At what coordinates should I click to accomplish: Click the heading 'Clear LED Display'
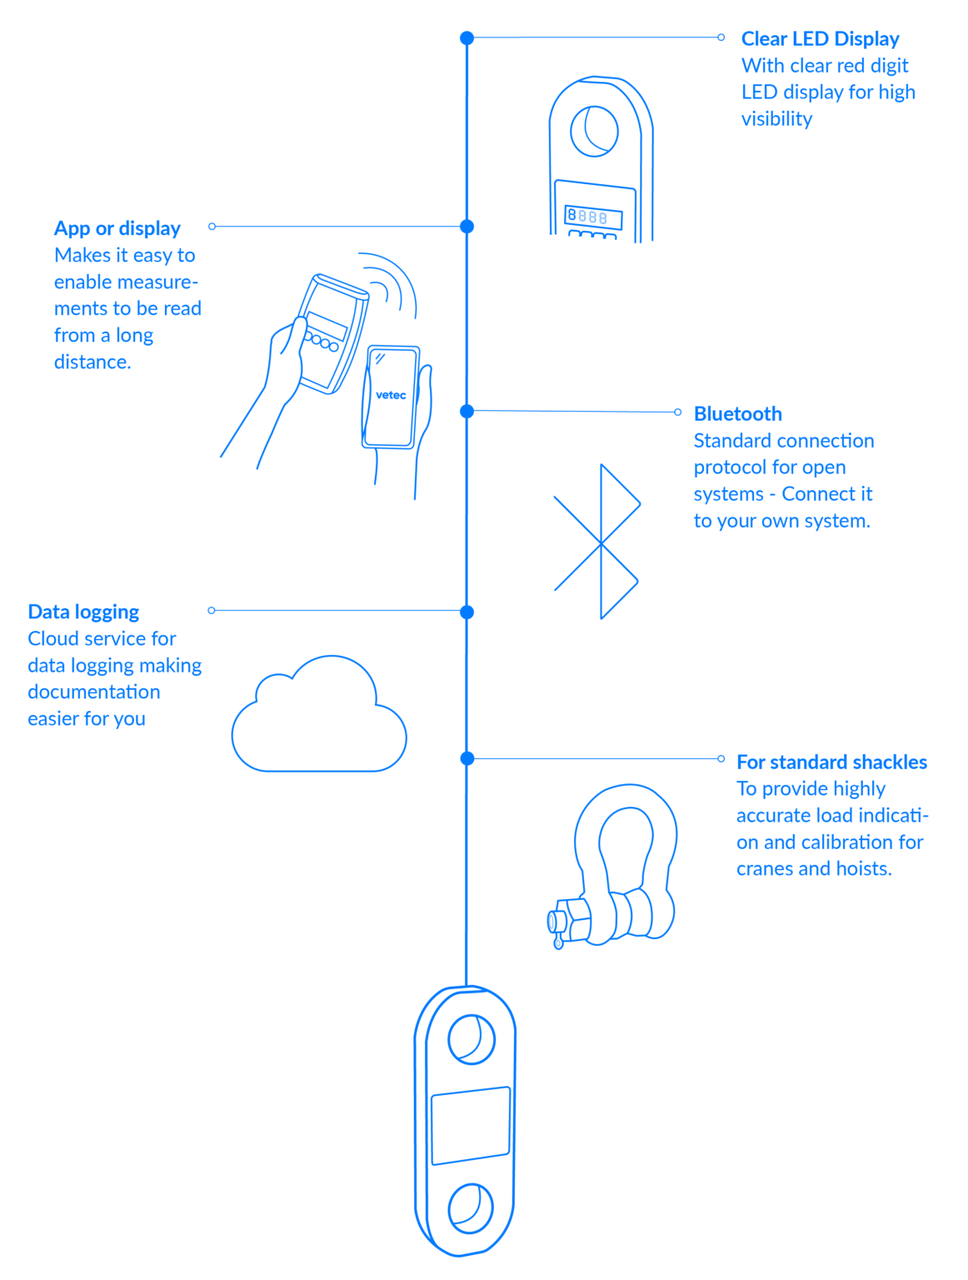click(820, 39)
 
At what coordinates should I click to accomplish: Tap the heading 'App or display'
click(117, 229)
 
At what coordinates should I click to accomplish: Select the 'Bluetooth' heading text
click(737, 414)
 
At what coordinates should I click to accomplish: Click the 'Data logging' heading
click(83, 612)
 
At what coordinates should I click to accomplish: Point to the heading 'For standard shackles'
click(831, 762)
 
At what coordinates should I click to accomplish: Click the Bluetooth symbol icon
click(598, 542)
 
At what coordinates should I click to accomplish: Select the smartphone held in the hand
click(390, 397)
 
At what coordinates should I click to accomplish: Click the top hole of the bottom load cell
click(471, 1038)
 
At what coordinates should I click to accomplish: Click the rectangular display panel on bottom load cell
click(471, 1126)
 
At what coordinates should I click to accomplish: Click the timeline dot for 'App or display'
click(467, 227)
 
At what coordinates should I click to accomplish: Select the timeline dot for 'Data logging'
click(467, 612)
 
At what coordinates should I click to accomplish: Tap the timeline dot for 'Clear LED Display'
click(467, 38)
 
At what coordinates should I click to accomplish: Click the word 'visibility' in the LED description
click(776, 119)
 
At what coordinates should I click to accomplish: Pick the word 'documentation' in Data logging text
click(93, 692)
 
